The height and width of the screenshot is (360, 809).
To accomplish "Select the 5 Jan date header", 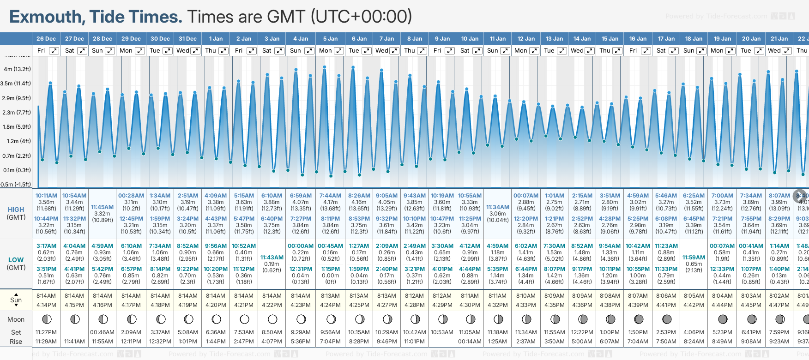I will pyautogui.click(x=330, y=39).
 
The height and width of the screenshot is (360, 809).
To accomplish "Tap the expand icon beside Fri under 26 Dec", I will pyautogui.click(x=54, y=51).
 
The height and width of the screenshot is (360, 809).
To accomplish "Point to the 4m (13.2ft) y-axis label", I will pyautogui.click(x=17, y=69).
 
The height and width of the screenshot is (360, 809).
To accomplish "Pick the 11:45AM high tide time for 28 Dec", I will pyautogui.click(x=102, y=207).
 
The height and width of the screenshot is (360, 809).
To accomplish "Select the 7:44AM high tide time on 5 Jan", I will pyautogui.click(x=330, y=196).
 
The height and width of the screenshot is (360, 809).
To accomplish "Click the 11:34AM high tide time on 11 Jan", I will pyautogui.click(x=497, y=207).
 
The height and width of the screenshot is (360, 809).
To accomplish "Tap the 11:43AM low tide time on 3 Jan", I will pyautogui.click(x=272, y=258).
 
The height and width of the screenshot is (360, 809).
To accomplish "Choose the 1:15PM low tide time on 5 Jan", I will pyautogui.click(x=330, y=269).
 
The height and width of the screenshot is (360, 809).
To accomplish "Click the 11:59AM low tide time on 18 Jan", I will pyautogui.click(x=694, y=258).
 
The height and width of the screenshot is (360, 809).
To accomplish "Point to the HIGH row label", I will pyautogui.click(x=16, y=210).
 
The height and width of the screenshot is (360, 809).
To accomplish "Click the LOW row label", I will pyautogui.click(x=16, y=260).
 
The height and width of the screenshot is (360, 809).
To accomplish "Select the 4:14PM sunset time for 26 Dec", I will pyautogui.click(x=46, y=305).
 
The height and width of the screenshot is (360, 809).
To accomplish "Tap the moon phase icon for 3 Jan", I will pyautogui.click(x=272, y=319).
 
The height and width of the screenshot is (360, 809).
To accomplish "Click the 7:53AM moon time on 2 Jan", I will pyautogui.click(x=243, y=332).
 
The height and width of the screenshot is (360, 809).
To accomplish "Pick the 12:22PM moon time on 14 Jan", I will pyautogui.click(x=582, y=332).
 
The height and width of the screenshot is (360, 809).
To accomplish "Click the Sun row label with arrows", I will pyautogui.click(x=16, y=300).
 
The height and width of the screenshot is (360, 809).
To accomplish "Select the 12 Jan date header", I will pyautogui.click(x=526, y=39).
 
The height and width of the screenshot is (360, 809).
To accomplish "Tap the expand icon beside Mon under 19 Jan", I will pyautogui.click(x=731, y=51).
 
